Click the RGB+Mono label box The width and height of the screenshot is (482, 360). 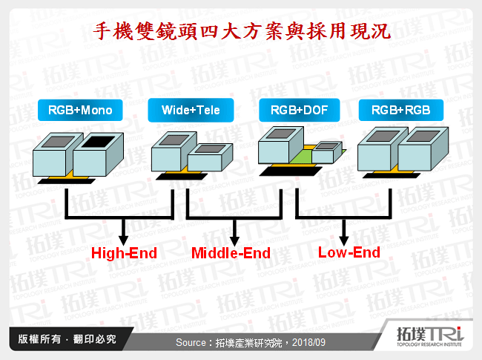tap(80, 111)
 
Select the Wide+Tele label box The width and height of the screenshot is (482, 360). tap(191, 111)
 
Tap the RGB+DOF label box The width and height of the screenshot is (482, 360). tap(299, 111)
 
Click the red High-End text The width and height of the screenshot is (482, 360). tap(124, 253)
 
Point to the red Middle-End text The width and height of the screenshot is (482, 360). tap(231, 253)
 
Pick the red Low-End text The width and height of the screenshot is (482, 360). tap(349, 252)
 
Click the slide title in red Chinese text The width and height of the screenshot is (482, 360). tap(240, 30)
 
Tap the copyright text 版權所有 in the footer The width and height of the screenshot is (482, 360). tap(33, 339)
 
